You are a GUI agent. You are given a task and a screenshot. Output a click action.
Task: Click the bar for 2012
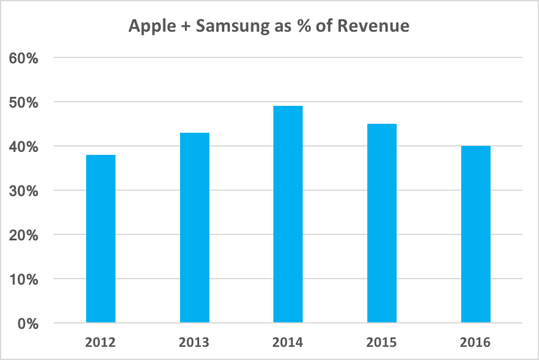pyautogui.click(x=101, y=239)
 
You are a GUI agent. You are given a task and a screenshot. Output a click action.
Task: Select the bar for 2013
pyautogui.click(x=194, y=228)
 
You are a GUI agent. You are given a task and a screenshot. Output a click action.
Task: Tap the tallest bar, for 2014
pyautogui.click(x=288, y=215)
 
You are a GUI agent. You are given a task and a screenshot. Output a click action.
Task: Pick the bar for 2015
pyautogui.click(x=382, y=224)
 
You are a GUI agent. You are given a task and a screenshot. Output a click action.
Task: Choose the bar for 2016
pyautogui.click(x=476, y=234)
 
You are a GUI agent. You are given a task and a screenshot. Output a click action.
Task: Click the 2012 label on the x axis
pyautogui.click(x=101, y=343)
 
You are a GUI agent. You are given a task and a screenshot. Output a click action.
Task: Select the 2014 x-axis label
pyautogui.click(x=288, y=343)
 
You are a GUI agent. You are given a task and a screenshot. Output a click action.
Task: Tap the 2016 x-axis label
pyautogui.click(x=476, y=343)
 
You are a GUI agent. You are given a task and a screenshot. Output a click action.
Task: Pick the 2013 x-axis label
pyautogui.click(x=194, y=343)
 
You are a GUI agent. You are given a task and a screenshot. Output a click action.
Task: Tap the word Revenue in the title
pyautogui.click(x=376, y=26)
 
